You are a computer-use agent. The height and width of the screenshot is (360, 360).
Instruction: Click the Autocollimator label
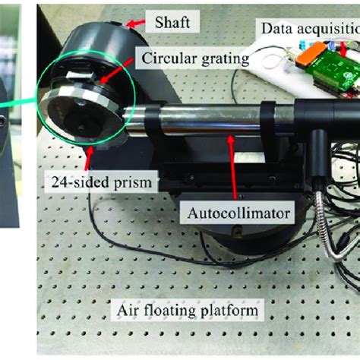[235, 214]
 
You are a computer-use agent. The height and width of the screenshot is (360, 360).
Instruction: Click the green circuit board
[335, 69]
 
